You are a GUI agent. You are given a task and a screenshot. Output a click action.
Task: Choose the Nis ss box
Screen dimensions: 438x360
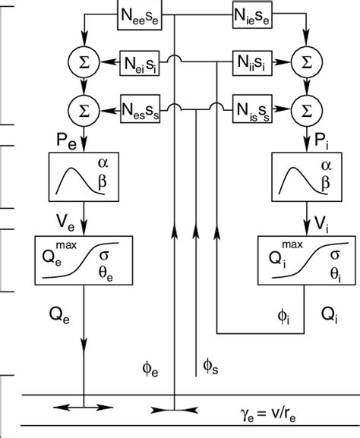[254, 109]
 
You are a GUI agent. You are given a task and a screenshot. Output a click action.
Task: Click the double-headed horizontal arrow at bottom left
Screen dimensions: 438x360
[81, 409]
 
